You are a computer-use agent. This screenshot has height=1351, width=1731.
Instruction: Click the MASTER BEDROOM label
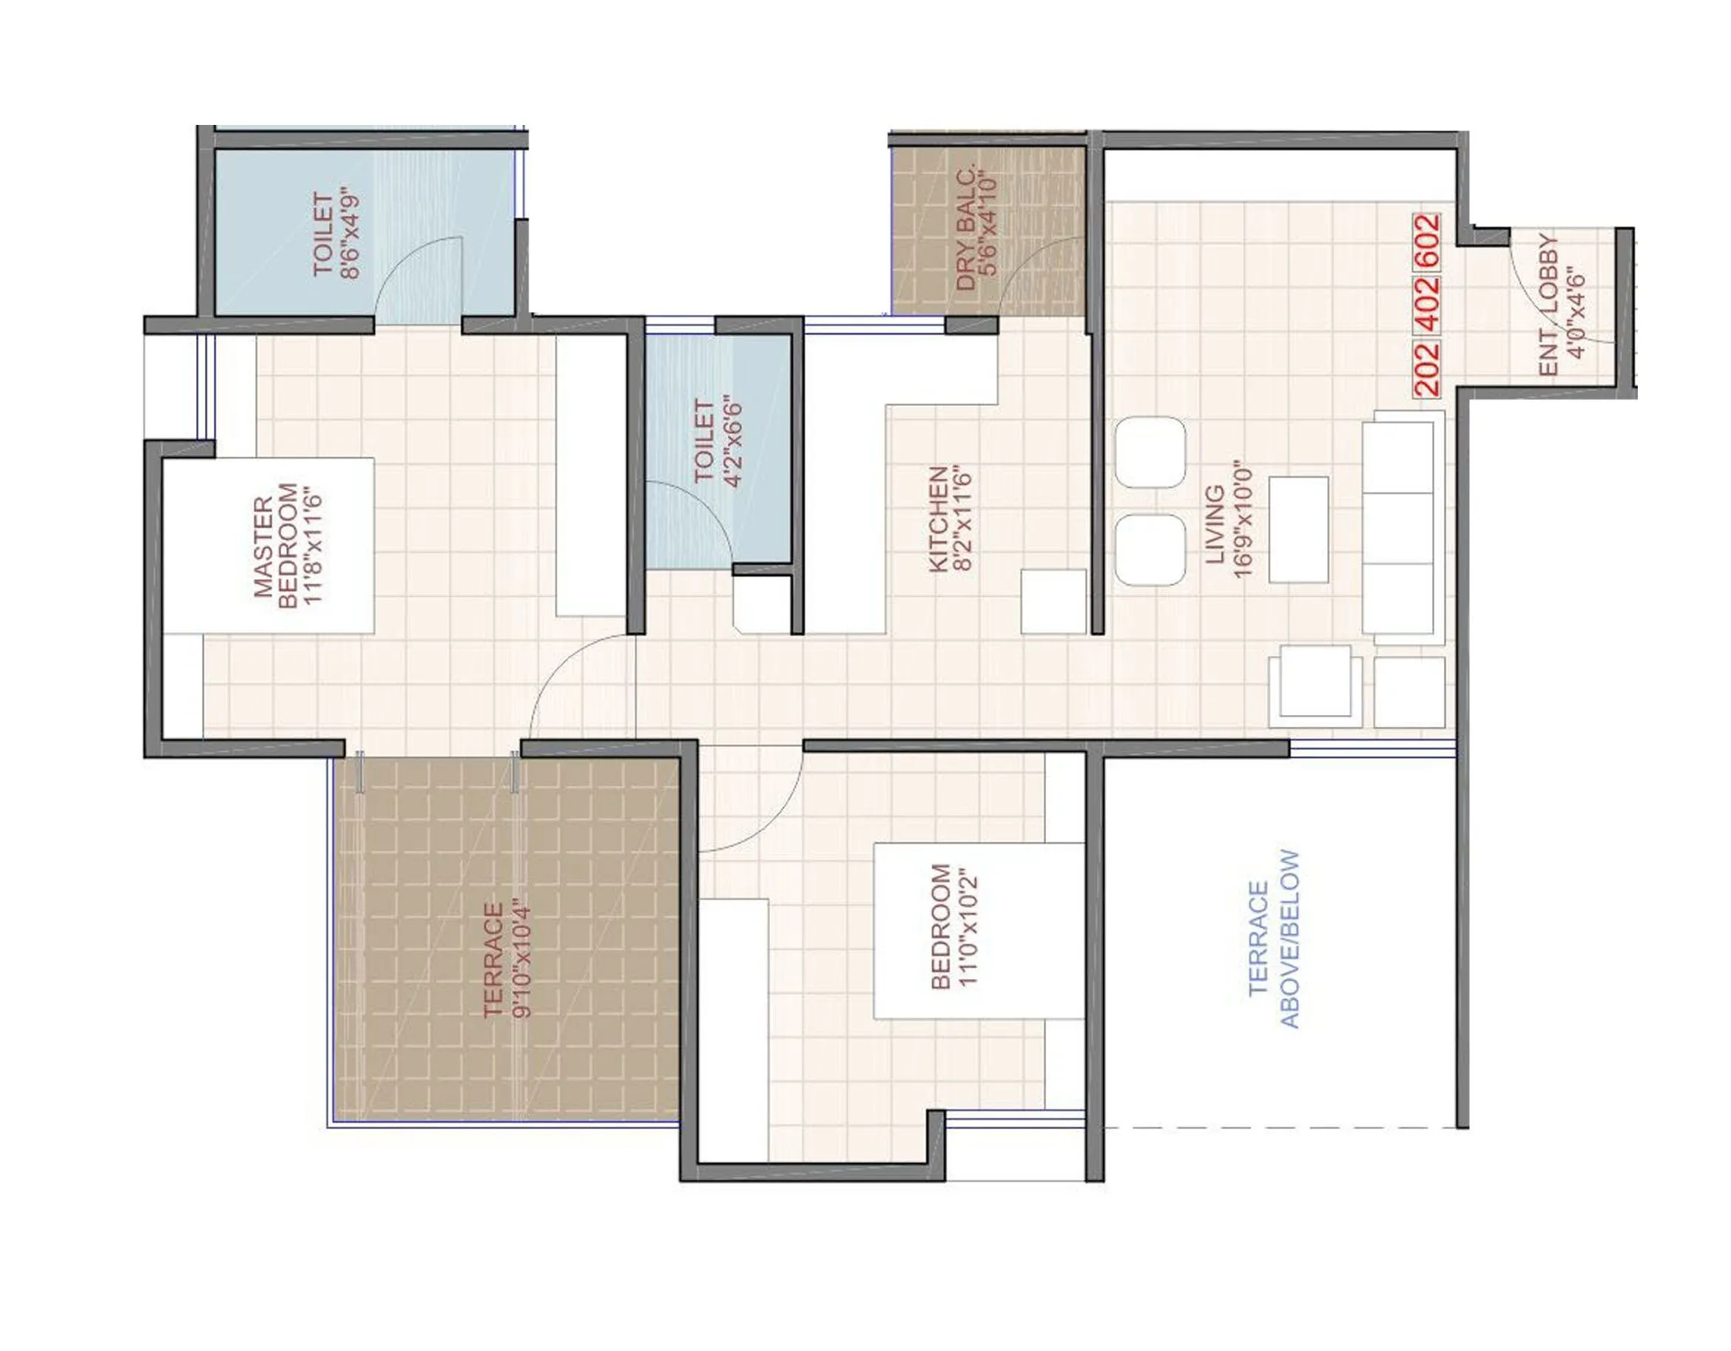tap(277, 546)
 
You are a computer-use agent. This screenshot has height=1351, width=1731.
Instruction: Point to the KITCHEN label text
tap(939, 518)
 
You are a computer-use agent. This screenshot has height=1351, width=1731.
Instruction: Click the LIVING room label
tap(1214, 525)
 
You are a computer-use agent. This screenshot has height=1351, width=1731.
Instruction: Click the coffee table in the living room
tap(1299, 529)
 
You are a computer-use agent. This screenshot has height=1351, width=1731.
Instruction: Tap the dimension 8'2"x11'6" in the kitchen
tap(966, 518)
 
